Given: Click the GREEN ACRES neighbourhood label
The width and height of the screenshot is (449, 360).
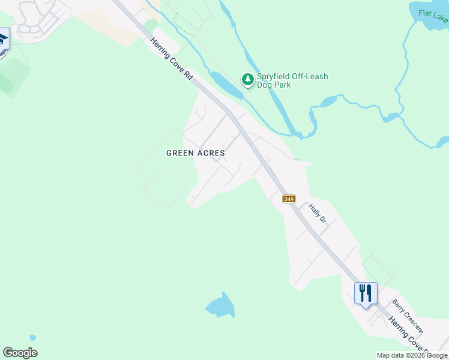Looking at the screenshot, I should (x=196, y=153).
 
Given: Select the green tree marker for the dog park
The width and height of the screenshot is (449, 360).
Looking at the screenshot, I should (x=247, y=79).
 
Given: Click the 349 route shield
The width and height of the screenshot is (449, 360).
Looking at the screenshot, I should (x=289, y=199).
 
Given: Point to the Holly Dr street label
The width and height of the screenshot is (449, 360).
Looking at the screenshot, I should (x=317, y=214).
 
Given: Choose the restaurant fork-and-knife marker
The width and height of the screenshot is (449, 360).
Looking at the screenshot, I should (x=366, y=293).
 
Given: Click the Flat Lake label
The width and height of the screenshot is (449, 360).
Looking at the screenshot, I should (x=433, y=16).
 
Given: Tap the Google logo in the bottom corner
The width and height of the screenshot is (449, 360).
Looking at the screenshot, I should (x=20, y=353).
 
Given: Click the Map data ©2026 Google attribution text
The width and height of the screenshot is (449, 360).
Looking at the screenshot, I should (x=412, y=355).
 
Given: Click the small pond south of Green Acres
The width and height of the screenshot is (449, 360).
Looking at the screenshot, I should (x=220, y=307).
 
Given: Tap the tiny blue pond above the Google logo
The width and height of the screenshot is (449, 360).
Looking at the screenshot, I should (x=32, y=338).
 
